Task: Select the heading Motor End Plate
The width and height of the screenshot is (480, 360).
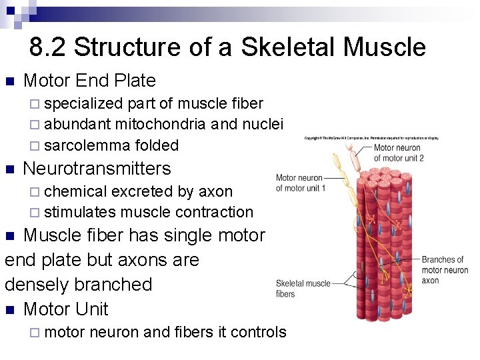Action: pos(89,81)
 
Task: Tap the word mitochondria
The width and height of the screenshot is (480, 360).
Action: pos(160,124)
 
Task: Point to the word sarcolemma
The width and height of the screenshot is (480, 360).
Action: pos(87,145)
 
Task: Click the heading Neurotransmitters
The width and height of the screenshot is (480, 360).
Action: pos(97,168)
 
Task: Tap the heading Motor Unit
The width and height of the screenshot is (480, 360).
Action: pos(65,309)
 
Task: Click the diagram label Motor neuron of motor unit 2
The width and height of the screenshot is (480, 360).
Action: pos(398,153)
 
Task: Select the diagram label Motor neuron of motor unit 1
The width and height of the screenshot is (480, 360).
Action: pos(301,183)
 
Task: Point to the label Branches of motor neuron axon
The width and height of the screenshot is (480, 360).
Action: pos(445,270)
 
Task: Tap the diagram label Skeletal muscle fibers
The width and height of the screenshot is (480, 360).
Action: pos(303,289)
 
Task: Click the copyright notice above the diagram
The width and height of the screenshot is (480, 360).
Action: pos(371,138)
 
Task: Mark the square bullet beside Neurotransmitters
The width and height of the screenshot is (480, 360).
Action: pos(9,169)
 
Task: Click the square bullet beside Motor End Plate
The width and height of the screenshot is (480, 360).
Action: pos(9,81)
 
